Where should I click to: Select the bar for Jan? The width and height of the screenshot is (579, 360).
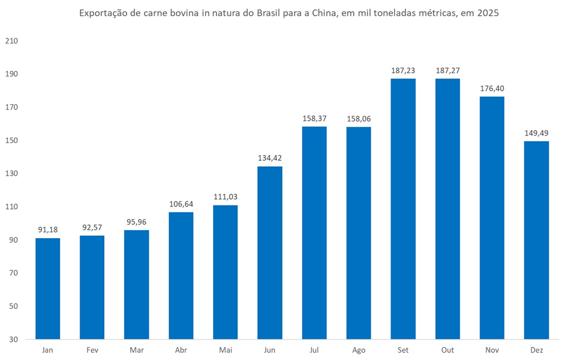48,288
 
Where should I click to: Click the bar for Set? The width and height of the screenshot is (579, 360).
403,209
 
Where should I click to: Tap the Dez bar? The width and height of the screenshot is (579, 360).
537,240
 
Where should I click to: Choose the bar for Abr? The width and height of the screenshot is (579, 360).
181,275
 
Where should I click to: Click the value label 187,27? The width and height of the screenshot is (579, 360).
447,70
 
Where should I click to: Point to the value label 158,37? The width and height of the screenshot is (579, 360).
314,118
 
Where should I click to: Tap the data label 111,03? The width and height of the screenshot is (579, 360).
225,197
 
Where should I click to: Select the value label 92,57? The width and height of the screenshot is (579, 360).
92,227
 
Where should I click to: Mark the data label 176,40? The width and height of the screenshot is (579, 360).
492,88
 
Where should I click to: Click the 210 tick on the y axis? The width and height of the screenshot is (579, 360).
11,41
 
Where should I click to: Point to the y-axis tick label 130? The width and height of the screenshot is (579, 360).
11,173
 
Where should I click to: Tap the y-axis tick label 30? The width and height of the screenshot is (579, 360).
14,339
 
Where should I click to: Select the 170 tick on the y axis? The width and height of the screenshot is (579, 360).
11,108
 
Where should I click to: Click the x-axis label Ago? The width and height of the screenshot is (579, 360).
359,350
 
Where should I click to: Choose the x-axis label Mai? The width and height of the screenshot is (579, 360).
225,350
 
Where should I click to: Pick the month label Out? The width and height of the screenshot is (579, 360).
447,350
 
